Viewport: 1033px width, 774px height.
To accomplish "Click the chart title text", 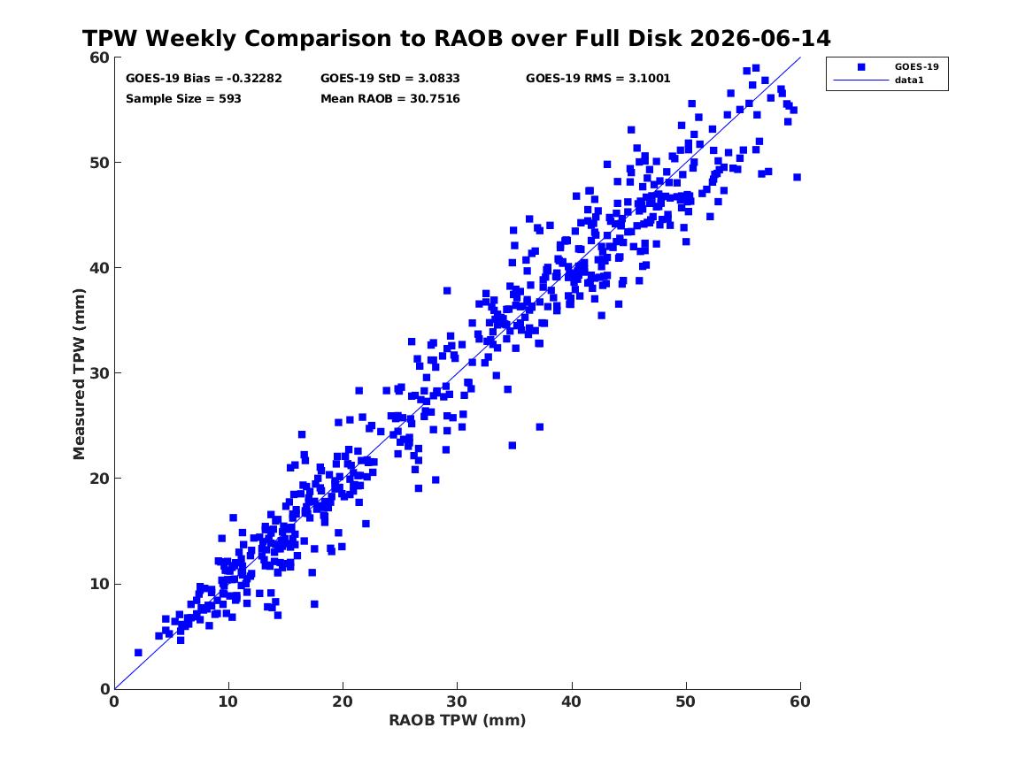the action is click(456, 38).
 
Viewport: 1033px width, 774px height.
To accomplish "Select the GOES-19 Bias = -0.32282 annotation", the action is click(204, 79).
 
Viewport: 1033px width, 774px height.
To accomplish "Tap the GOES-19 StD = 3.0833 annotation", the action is click(390, 79).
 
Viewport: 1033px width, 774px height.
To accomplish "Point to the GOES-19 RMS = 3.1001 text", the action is click(598, 79).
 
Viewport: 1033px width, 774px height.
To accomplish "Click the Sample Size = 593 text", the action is click(183, 99).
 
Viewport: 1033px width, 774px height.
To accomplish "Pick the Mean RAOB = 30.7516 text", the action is click(390, 99).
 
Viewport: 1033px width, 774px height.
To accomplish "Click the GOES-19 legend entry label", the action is click(916, 66).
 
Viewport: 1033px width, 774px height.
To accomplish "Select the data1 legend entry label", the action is click(909, 80).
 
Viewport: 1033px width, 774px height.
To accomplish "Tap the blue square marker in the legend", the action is click(861, 66).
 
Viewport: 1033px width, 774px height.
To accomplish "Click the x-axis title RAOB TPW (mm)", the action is click(458, 720).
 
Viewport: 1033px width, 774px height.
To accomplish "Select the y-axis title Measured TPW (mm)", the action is click(79, 374).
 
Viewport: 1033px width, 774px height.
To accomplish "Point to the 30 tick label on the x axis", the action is click(458, 701).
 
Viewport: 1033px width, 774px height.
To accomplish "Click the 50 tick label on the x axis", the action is click(686, 701).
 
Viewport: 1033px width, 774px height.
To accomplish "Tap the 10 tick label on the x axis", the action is click(228, 701).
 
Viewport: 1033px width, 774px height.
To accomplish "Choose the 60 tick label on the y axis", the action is click(99, 57).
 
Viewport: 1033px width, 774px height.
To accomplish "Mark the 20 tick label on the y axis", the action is click(99, 479).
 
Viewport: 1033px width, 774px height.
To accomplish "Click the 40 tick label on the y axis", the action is click(99, 268).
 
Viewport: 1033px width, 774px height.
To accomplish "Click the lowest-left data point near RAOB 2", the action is click(138, 652).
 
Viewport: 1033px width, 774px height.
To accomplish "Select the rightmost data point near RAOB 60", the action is click(798, 177).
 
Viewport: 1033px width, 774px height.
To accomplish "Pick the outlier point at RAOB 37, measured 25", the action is click(540, 427).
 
